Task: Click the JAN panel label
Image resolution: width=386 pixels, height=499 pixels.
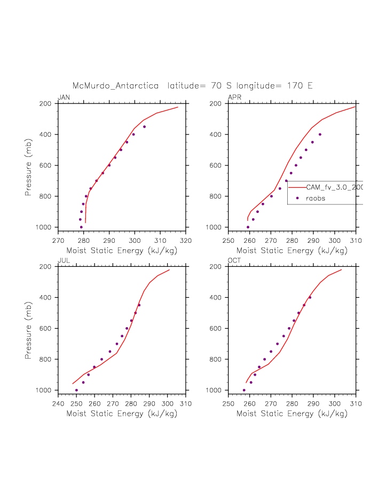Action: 64,97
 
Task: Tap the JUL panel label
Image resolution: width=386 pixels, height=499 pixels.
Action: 63,260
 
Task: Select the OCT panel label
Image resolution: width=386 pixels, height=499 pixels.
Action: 234,260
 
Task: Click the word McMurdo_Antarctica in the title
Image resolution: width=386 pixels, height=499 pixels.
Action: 115,85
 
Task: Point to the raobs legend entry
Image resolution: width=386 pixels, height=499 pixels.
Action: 316,198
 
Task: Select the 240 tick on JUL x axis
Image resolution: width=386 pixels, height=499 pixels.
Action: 58,404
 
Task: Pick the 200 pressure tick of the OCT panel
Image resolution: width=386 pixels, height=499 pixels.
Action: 217,266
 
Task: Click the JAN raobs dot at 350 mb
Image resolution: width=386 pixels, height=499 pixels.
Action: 144,126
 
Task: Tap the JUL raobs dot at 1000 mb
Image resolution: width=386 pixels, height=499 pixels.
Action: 76,390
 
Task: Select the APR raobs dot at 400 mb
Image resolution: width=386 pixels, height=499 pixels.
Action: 320,134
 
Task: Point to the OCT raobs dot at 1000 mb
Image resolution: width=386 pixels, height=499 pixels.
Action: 244,390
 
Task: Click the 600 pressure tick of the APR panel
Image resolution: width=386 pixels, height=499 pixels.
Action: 217,165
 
